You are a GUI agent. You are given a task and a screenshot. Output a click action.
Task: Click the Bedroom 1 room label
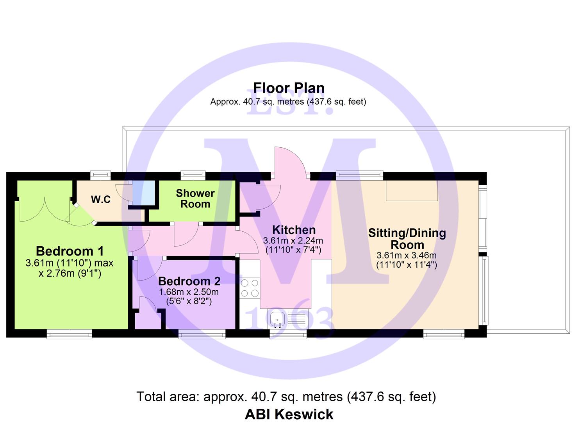click(x=70, y=251)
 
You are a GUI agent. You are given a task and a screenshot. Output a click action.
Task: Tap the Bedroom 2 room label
click(x=189, y=281)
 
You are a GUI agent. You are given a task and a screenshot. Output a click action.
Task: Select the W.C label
click(x=101, y=199)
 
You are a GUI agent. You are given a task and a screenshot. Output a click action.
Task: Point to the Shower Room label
click(x=195, y=199)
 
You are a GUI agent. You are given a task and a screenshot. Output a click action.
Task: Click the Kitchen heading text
click(x=294, y=230)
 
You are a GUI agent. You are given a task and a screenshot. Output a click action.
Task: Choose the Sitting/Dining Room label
click(x=407, y=239)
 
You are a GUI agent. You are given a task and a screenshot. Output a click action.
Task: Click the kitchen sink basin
click(x=277, y=319)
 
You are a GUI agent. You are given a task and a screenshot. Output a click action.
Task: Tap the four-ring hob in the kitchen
click(x=250, y=288)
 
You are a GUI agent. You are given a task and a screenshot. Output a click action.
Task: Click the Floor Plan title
click(x=289, y=88)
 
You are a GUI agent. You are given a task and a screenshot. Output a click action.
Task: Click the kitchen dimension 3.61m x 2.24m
click(x=293, y=241)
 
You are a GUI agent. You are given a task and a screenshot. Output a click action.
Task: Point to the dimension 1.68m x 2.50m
click(x=189, y=292)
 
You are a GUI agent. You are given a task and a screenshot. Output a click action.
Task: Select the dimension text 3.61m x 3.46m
click(x=407, y=256)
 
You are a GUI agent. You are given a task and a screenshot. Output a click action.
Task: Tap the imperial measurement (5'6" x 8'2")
click(x=189, y=301)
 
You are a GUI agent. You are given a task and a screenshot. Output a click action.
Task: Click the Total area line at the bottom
click(x=286, y=397)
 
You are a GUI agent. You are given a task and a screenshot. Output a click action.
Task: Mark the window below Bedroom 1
click(x=70, y=334)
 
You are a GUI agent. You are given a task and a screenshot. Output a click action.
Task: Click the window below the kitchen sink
click(x=288, y=334)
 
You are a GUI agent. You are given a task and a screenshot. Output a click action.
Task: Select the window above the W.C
click(x=100, y=175)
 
